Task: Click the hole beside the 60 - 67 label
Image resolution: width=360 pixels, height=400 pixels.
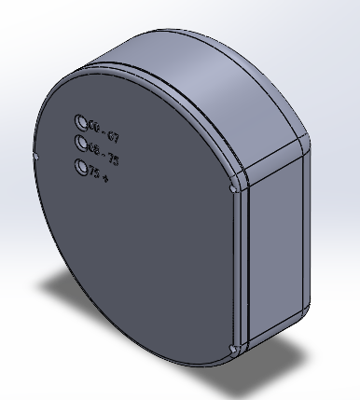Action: [x=81, y=122]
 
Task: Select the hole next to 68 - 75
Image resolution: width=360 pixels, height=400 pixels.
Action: [x=81, y=145]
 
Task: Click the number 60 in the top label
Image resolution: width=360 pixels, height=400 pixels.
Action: [x=93, y=127]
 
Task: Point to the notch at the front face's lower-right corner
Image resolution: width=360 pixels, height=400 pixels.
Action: [x=232, y=350]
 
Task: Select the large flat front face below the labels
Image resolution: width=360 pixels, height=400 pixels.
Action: [x=140, y=261]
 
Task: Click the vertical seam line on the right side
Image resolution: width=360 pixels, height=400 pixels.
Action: [x=244, y=270]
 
